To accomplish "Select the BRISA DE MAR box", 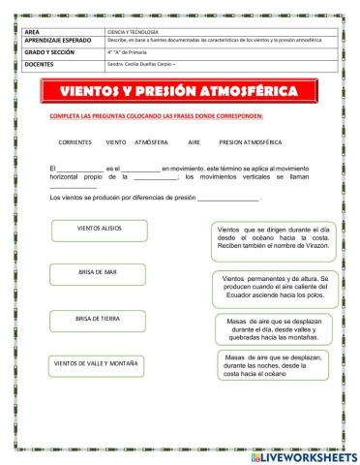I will (x=97, y=273).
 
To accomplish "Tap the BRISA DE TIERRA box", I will (x=97, y=319).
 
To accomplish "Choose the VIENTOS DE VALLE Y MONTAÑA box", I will (x=97, y=364).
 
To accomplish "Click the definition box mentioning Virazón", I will (x=272, y=236).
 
